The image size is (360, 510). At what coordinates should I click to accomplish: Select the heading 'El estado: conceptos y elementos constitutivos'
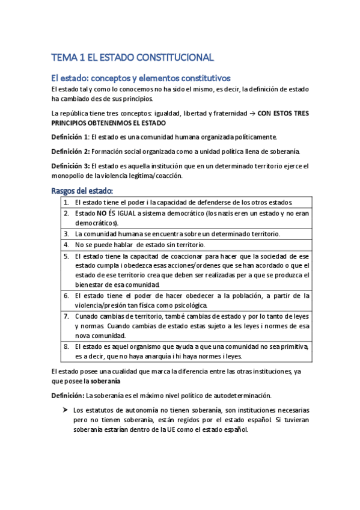[x=141, y=78]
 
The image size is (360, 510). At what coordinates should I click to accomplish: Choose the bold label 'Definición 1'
[x=70, y=137]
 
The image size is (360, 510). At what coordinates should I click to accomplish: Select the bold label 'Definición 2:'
[x=71, y=150]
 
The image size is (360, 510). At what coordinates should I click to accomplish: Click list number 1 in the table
[x=66, y=202]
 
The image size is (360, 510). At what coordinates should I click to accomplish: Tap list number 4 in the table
[x=66, y=245]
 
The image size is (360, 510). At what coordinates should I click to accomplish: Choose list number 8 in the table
[x=66, y=347]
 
